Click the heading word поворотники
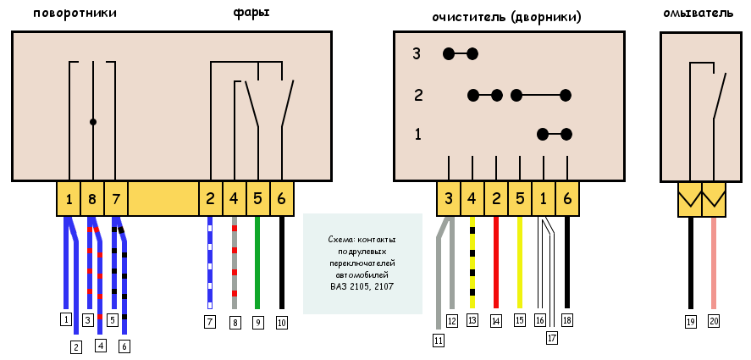coord(75,14)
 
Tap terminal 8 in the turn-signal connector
coord(92,200)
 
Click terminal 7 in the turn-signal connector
coord(116,200)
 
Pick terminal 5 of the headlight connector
coord(257,200)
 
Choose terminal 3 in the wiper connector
coord(449,200)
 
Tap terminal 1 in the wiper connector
coord(544,200)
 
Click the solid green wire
coord(257,263)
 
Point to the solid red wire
coord(496,263)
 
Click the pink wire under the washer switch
coord(714,263)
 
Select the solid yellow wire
coord(520,263)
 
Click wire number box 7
coord(210,322)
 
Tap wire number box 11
coord(439,341)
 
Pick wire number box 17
coord(552,337)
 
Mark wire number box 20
coord(714,322)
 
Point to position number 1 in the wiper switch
coord(417,134)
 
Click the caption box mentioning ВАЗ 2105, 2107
coord(362,263)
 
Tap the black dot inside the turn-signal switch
coord(93,122)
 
